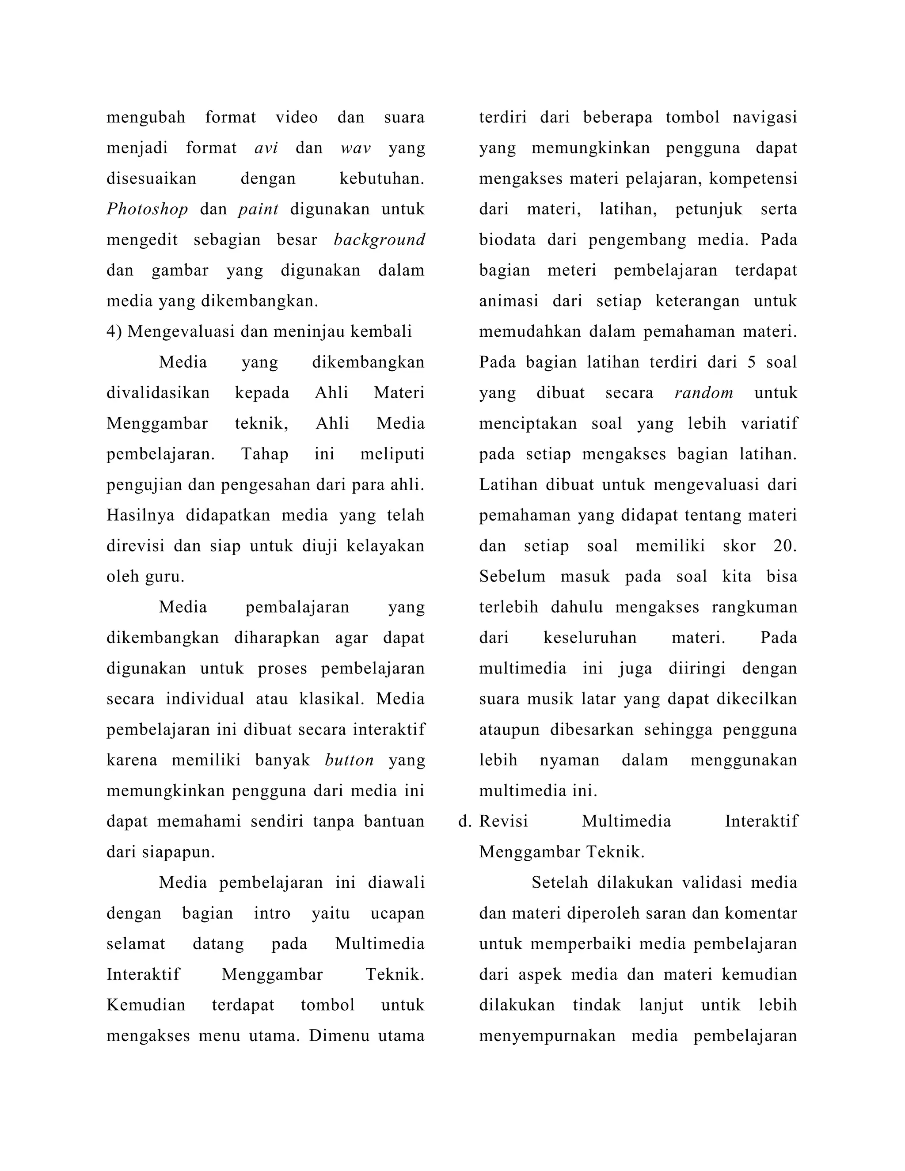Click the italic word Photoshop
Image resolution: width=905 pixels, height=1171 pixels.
[147, 209]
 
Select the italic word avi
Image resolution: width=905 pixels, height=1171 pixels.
[266, 148]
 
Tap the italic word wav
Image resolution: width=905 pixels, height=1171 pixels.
[355, 148]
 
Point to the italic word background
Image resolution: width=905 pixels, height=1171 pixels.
[379, 240]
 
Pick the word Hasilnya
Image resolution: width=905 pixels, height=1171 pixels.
[141, 515]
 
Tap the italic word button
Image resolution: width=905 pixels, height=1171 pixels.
[349, 760]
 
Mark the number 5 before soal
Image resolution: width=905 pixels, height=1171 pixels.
[751, 362]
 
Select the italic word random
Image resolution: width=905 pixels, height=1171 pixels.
[703, 393]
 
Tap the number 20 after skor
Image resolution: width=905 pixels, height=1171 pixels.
[784, 546]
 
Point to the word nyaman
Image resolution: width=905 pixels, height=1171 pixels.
[569, 760]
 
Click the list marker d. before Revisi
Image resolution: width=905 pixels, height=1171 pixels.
[464, 821]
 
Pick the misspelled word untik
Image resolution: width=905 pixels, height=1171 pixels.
[721, 1005]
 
